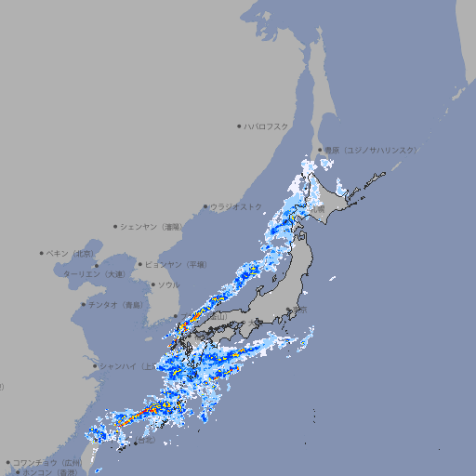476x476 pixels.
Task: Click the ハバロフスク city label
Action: click(x=267, y=126)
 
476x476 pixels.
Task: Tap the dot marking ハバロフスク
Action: click(x=240, y=126)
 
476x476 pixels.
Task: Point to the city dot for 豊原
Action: click(x=321, y=150)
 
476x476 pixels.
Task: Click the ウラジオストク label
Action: click(x=236, y=206)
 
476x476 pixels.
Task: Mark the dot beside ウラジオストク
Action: click(x=205, y=207)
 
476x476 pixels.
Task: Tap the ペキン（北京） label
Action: click(x=72, y=253)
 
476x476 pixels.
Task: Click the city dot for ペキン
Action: click(x=42, y=253)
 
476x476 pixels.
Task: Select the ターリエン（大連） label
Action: click(x=94, y=274)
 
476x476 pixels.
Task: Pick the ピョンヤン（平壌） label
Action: click(x=178, y=264)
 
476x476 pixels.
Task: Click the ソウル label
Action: click(x=168, y=285)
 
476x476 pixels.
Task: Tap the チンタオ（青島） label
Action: click(x=117, y=304)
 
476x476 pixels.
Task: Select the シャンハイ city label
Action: click(x=121, y=365)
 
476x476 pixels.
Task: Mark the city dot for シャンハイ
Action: click(x=95, y=365)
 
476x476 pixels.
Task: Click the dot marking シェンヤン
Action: click(x=116, y=226)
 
